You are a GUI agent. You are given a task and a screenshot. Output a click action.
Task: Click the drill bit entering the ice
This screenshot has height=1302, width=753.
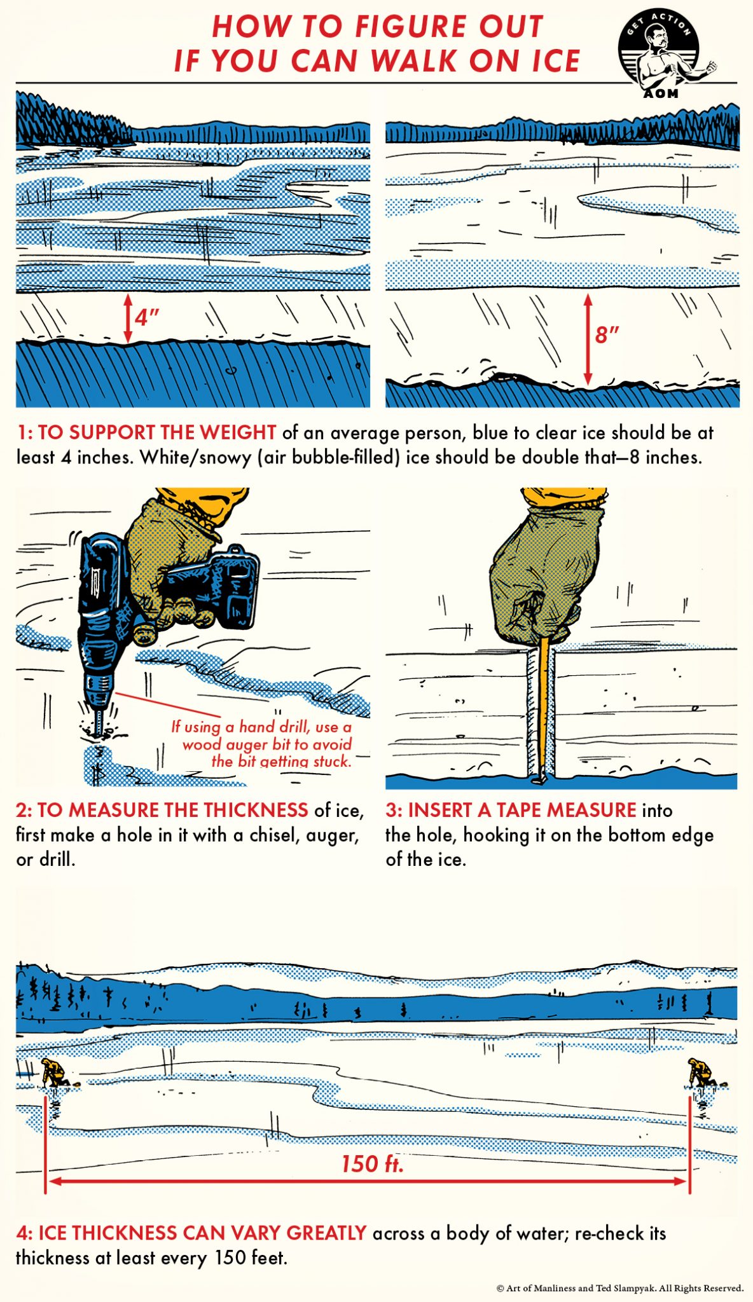pos(99,722)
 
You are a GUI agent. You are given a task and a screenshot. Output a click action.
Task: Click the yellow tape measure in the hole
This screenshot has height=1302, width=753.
pos(543,706)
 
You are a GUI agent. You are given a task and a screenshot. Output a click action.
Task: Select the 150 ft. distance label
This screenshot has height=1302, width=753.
pos(372,1164)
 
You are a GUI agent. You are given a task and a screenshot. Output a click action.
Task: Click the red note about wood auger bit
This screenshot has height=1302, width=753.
pos(262,744)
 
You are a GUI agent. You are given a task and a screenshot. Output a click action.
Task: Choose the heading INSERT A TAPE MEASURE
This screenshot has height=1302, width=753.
pos(522,810)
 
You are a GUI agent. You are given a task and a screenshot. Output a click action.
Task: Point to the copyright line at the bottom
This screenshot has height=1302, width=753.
pos(619,1289)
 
